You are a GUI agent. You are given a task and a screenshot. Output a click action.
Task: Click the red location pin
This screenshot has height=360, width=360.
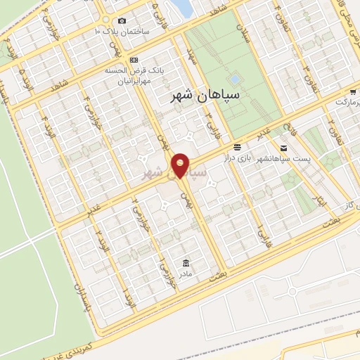pyautogui.click(x=181, y=165)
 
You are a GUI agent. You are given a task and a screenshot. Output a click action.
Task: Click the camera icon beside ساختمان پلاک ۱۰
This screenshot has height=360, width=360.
pyautogui.click(x=122, y=20)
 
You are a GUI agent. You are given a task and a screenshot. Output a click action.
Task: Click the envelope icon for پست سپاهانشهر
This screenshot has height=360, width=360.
pyautogui.click(x=283, y=148)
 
